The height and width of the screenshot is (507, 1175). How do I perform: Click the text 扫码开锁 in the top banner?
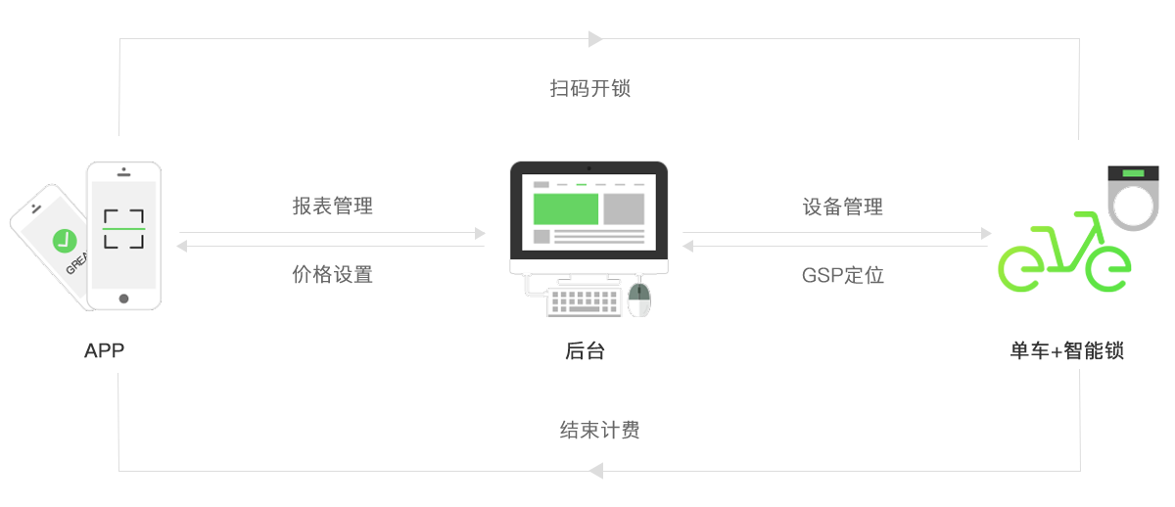(589, 88)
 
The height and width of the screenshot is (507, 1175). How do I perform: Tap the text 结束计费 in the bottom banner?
(599, 430)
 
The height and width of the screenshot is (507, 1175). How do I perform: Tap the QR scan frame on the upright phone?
(123, 228)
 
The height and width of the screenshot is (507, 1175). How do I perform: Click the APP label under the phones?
(105, 350)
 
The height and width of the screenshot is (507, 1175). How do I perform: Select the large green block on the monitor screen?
(564, 208)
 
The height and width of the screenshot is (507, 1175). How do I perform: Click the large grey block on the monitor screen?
(624, 208)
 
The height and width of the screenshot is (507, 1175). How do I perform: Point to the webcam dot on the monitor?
(587, 166)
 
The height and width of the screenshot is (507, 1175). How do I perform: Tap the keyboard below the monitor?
(586, 300)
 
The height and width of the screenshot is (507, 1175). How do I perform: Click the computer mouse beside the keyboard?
(639, 299)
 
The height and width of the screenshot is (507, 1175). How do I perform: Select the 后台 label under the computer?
(585, 350)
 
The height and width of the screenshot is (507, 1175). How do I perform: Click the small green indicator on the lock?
(1133, 173)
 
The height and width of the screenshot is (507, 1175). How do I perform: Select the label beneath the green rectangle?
(1066, 350)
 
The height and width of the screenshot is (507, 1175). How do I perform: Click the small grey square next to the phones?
(181, 246)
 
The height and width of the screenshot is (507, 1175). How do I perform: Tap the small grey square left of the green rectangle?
(986, 233)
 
